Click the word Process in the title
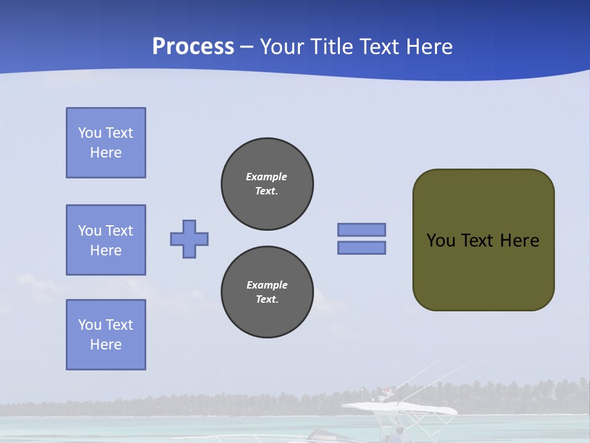(x=193, y=47)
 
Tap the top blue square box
(x=106, y=143)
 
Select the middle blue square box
(x=106, y=240)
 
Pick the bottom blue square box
(x=106, y=335)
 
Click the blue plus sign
(x=189, y=239)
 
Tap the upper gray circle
(x=267, y=184)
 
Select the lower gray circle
(x=267, y=292)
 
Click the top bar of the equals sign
(x=361, y=229)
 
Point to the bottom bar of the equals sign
(x=361, y=247)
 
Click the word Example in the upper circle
(x=266, y=177)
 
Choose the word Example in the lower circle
(x=267, y=285)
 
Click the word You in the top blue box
(x=89, y=133)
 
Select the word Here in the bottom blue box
(x=106, y=345)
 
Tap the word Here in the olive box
(x=519, y=241)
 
